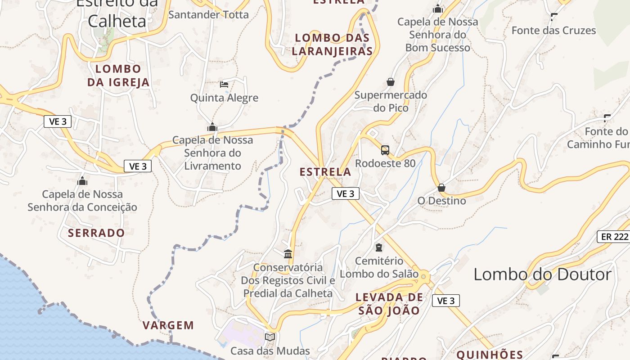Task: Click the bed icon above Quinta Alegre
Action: point(224,84)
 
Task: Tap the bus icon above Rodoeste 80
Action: point(385,150)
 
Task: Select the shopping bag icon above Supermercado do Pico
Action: point(391,82)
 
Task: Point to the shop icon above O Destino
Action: point(441,187)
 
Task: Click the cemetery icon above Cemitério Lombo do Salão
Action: point(379,247)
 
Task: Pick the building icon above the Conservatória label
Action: point(288,254)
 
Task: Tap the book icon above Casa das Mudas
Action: point(270,337)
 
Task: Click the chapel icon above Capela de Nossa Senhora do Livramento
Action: point(212,127)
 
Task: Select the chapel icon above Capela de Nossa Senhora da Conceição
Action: point(82,181)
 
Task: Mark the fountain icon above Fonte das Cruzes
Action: point(554,17)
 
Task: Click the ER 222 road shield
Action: point(613,237)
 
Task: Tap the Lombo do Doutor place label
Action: point(543,274)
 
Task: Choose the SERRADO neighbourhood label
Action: point(96,233)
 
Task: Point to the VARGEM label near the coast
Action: point(168,325)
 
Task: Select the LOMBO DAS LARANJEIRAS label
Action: point(333,45)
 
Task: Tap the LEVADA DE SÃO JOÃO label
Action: point(389,304)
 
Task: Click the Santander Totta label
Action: point(208,14)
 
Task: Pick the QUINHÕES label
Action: point(490,355)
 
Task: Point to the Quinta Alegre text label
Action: point(224,98)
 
